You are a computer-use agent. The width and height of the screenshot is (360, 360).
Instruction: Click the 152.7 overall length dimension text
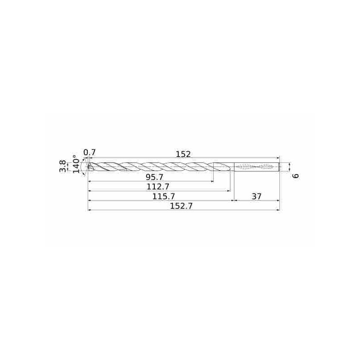coord(181,206)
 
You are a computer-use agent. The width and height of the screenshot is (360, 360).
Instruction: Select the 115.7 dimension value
coord(164,197)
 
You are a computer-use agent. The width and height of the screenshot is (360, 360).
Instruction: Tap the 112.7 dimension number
coord(158,187)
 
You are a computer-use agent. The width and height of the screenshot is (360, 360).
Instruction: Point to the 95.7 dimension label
coord(154,177)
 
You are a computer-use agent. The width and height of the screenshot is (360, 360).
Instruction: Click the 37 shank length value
coord(256,197)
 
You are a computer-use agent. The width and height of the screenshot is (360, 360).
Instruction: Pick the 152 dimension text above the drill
coord(183,154)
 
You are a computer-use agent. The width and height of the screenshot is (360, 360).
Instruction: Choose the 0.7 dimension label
coord(90,153)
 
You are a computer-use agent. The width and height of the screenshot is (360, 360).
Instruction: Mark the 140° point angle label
coord(76,162)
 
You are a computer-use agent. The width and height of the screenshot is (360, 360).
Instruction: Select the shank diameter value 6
coord(297,176)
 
